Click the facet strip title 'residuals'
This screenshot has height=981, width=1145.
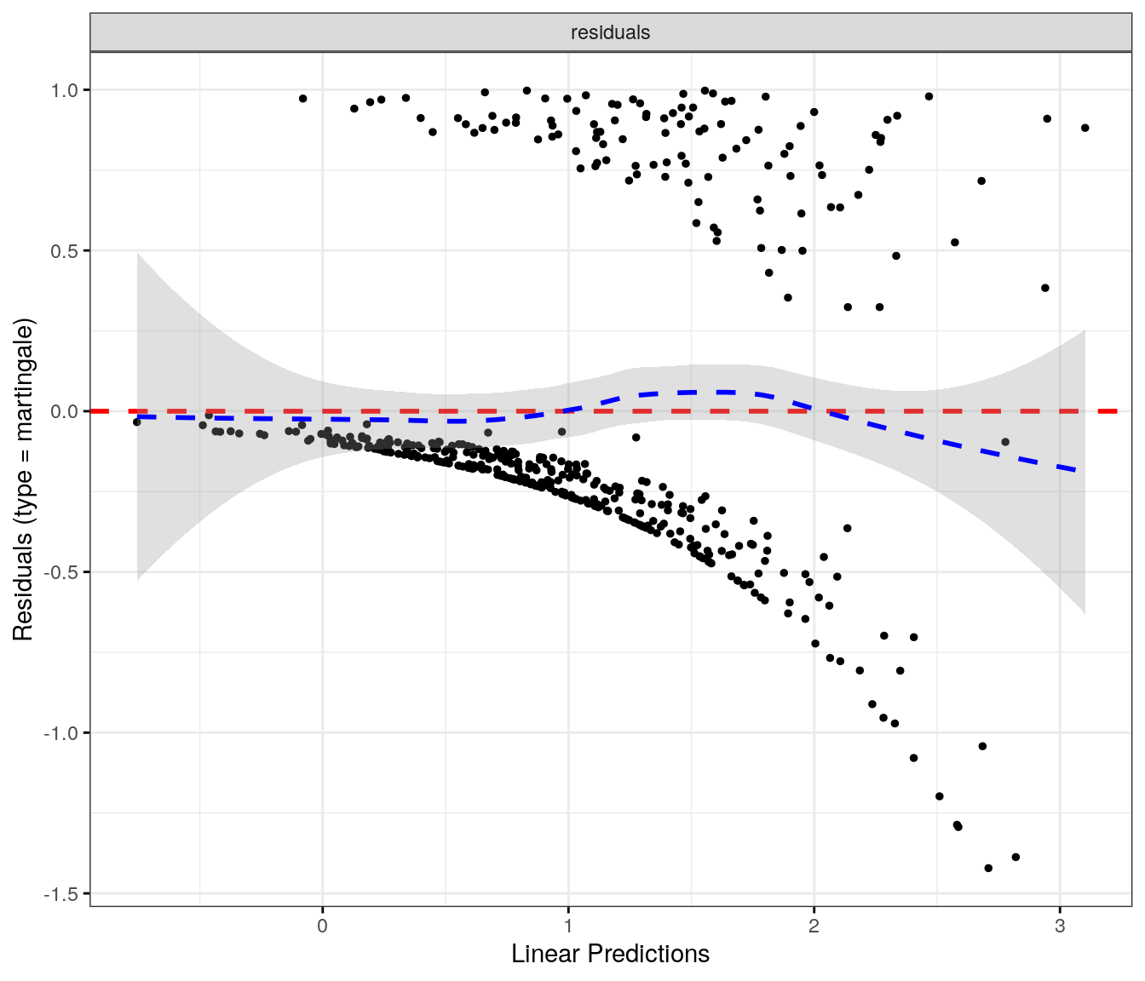(x=610, y=32)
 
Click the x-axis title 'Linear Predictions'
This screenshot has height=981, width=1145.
(x=610, y=954)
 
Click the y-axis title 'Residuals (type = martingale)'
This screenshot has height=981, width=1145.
(x=23, y=479)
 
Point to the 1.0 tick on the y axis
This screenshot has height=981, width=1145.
(x=65, y=90)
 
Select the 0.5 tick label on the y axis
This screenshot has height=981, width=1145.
(x=65, y=251)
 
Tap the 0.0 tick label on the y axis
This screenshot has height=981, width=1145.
(x=65, y=411)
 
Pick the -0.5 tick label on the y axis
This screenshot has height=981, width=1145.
(x=62, y=572)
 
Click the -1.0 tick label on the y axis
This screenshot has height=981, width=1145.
(x=62, y=733)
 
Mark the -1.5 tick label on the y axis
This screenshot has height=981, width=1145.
(x=62, y=894)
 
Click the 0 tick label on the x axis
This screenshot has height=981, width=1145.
(x=322, y=926)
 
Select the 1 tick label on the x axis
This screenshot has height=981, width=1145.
(x=568, y=926)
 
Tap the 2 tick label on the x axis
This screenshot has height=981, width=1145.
(x=814, y=926)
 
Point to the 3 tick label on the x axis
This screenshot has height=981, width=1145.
(x=1060, y=926)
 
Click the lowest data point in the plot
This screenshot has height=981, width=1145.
(x=988, y=869)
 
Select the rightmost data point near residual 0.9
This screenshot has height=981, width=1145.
(x=1085, y=128)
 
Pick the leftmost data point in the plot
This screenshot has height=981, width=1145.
(x=136, y=422)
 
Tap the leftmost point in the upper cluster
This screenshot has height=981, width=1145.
(x=302, y=99)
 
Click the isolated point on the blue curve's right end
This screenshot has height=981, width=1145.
(x=1005, y=442)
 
